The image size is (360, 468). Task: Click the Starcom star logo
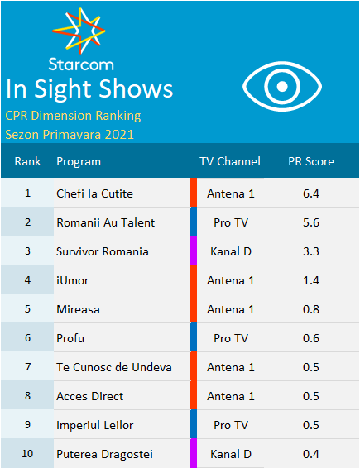(79, 31)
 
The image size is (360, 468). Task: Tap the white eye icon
(282, 86)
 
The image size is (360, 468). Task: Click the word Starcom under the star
(81, 64)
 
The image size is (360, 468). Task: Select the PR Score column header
(311, 161)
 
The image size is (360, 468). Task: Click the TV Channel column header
(230, 161)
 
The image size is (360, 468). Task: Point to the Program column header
(79, 162)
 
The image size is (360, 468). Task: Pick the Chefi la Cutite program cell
(94, 193)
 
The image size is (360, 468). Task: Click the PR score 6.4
(311, 193)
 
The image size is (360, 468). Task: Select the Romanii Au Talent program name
(106, 222)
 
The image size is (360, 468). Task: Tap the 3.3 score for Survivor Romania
(311, 251)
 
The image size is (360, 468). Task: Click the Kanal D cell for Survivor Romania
(231, 251)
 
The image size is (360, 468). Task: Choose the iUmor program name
(73, 280)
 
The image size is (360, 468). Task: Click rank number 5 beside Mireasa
(27, 309)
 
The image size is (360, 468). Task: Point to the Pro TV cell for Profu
(231, 338)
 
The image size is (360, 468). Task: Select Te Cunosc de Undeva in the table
(114, 367)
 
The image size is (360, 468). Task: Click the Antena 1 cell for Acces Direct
(231, 396)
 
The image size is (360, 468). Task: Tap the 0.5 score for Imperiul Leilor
(311, 425)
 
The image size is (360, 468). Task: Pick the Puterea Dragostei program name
(104, 454)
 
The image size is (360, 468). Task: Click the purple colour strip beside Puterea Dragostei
(194, 453)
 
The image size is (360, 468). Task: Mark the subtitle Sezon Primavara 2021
(70, 135)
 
